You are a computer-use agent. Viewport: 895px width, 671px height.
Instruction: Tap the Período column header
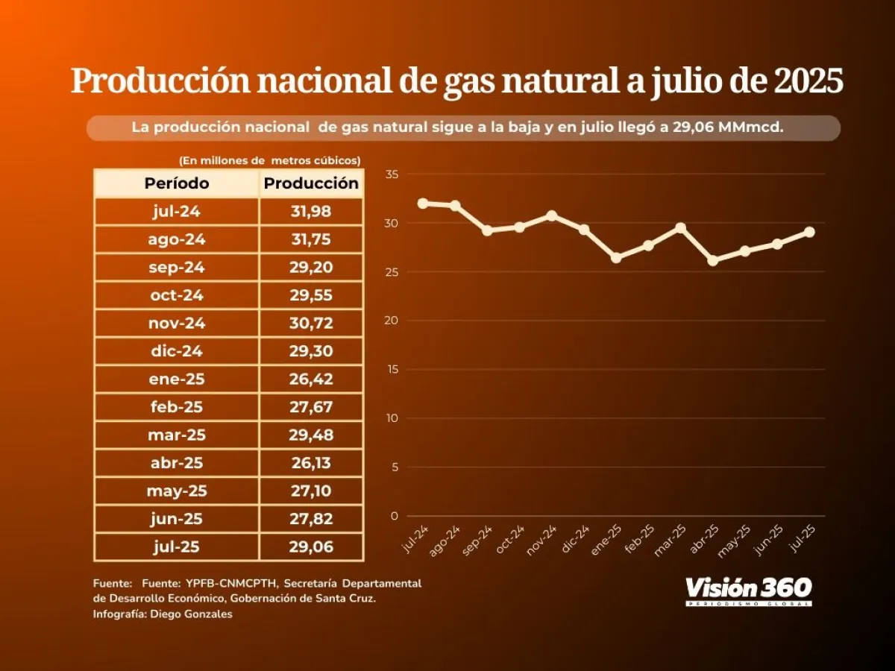tap(177, 183)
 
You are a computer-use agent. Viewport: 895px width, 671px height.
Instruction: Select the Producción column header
tap(311, 183)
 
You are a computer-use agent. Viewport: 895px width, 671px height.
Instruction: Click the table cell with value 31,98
tap(311, 212)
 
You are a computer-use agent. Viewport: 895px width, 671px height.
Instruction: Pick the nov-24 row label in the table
tap(177, 324)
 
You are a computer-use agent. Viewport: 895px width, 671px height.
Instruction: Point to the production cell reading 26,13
tap(311, 463)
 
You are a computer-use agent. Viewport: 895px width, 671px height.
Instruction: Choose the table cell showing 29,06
tap(311, 547)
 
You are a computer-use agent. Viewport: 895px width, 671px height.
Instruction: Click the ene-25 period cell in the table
tap(177, 379)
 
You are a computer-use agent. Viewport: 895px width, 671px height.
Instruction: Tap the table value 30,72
tap(311, 324)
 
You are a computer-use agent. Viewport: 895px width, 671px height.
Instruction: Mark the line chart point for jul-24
tap(423, 203)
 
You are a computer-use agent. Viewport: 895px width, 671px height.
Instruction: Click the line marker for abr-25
tap(713, 260)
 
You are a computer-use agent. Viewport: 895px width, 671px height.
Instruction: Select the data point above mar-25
tap(680, 227)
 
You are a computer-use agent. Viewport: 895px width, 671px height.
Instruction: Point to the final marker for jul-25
tap(810, 232)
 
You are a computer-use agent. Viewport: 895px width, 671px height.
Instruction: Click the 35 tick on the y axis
tap(392, 174)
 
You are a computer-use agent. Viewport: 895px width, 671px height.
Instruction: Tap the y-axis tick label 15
tap(392, 370)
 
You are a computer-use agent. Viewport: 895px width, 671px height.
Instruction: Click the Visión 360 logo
tap(748, 590)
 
